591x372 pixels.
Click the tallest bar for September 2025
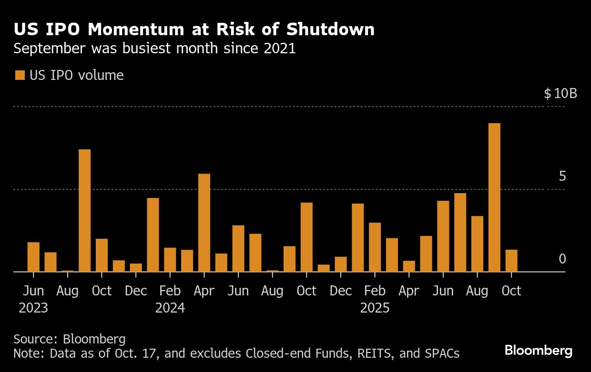pyautogui.click(x=494, y=197)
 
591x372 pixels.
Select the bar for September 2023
pyautogui.click(x=85, y=211)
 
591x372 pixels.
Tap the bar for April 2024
pyautogui.click(x=204, y=223)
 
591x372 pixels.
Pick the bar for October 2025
pyautogui.click(x=511, y=261)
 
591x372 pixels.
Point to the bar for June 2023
pyautogui.click(x=33, y=257)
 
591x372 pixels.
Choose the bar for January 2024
pyautogui.click(x=153, y=235)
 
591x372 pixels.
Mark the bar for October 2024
pyautogui.click(x=306, y=237)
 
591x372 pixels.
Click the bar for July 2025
pyautogui.click(x=460, y=233)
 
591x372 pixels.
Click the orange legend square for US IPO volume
pyautogui.click(x=20, y=75)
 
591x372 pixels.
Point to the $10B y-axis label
pyautogui.click(x=560, y=93)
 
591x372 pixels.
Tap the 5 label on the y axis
pyautogui.click(x=562, y=176)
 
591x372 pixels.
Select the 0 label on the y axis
pyautogui.click(x=562, y=259)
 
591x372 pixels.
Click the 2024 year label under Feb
pyautogui.click(x=170, y=308)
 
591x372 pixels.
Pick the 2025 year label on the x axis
pyautogui.click(x=375, y=308)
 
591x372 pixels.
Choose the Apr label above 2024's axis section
pyautogui.click(x=204, y=291)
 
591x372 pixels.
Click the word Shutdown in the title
pyautogui.click(x=330, y=29)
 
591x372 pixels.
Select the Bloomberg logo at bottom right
pyautogui.click(x=538, y=351)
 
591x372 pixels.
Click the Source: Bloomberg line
pyautogui.click(x=70, y=339)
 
